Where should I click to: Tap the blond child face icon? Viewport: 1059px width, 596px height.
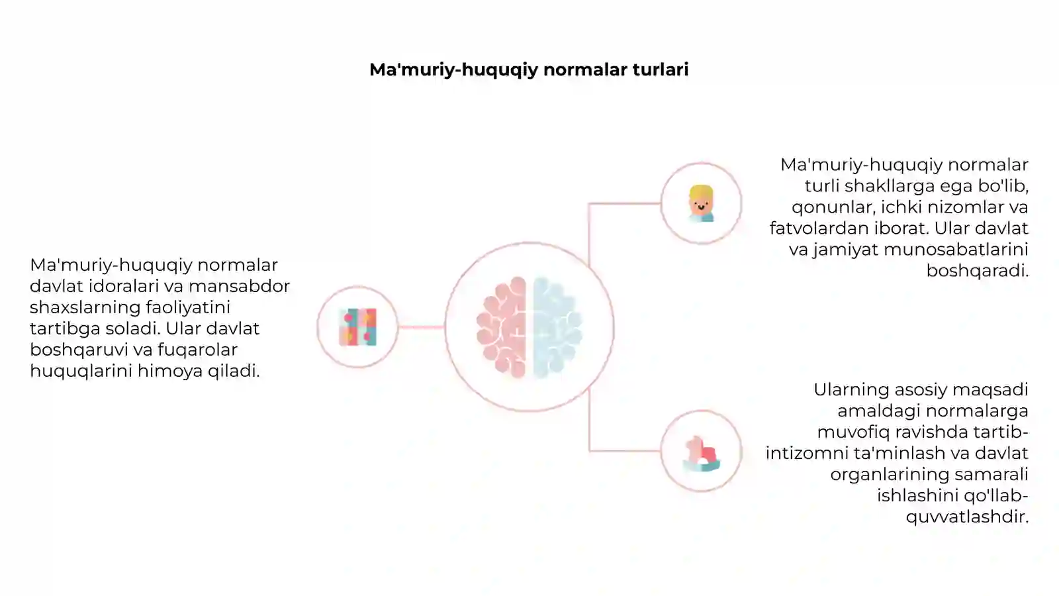701,203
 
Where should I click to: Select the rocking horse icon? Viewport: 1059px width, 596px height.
701,454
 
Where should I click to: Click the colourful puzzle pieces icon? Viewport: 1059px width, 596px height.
358,327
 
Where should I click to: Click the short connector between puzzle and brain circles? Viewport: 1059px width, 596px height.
421,327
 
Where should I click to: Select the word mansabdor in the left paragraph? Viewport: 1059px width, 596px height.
239,286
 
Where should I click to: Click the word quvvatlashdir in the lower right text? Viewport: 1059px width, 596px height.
967,517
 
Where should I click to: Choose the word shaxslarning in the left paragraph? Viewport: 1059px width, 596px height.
85,307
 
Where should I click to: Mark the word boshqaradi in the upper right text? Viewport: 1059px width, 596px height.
978,271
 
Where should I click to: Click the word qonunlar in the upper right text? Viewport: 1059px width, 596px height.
831,207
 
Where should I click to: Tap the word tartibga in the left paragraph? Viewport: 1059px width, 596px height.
66,328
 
